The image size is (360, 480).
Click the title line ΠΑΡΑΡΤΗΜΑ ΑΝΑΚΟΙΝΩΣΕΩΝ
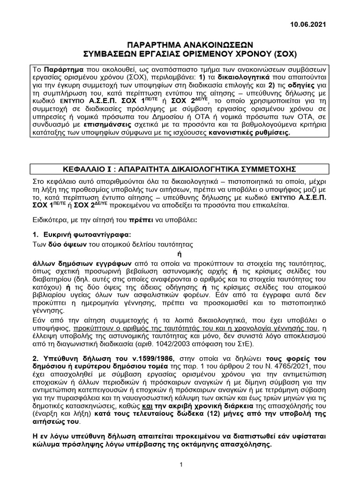[x=180, y=44]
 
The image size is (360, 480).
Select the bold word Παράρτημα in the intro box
[x=64, y=68]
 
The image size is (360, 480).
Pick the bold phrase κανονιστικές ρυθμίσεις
[x=256, y=133]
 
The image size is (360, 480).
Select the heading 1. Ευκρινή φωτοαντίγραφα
[x=82, y=234]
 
